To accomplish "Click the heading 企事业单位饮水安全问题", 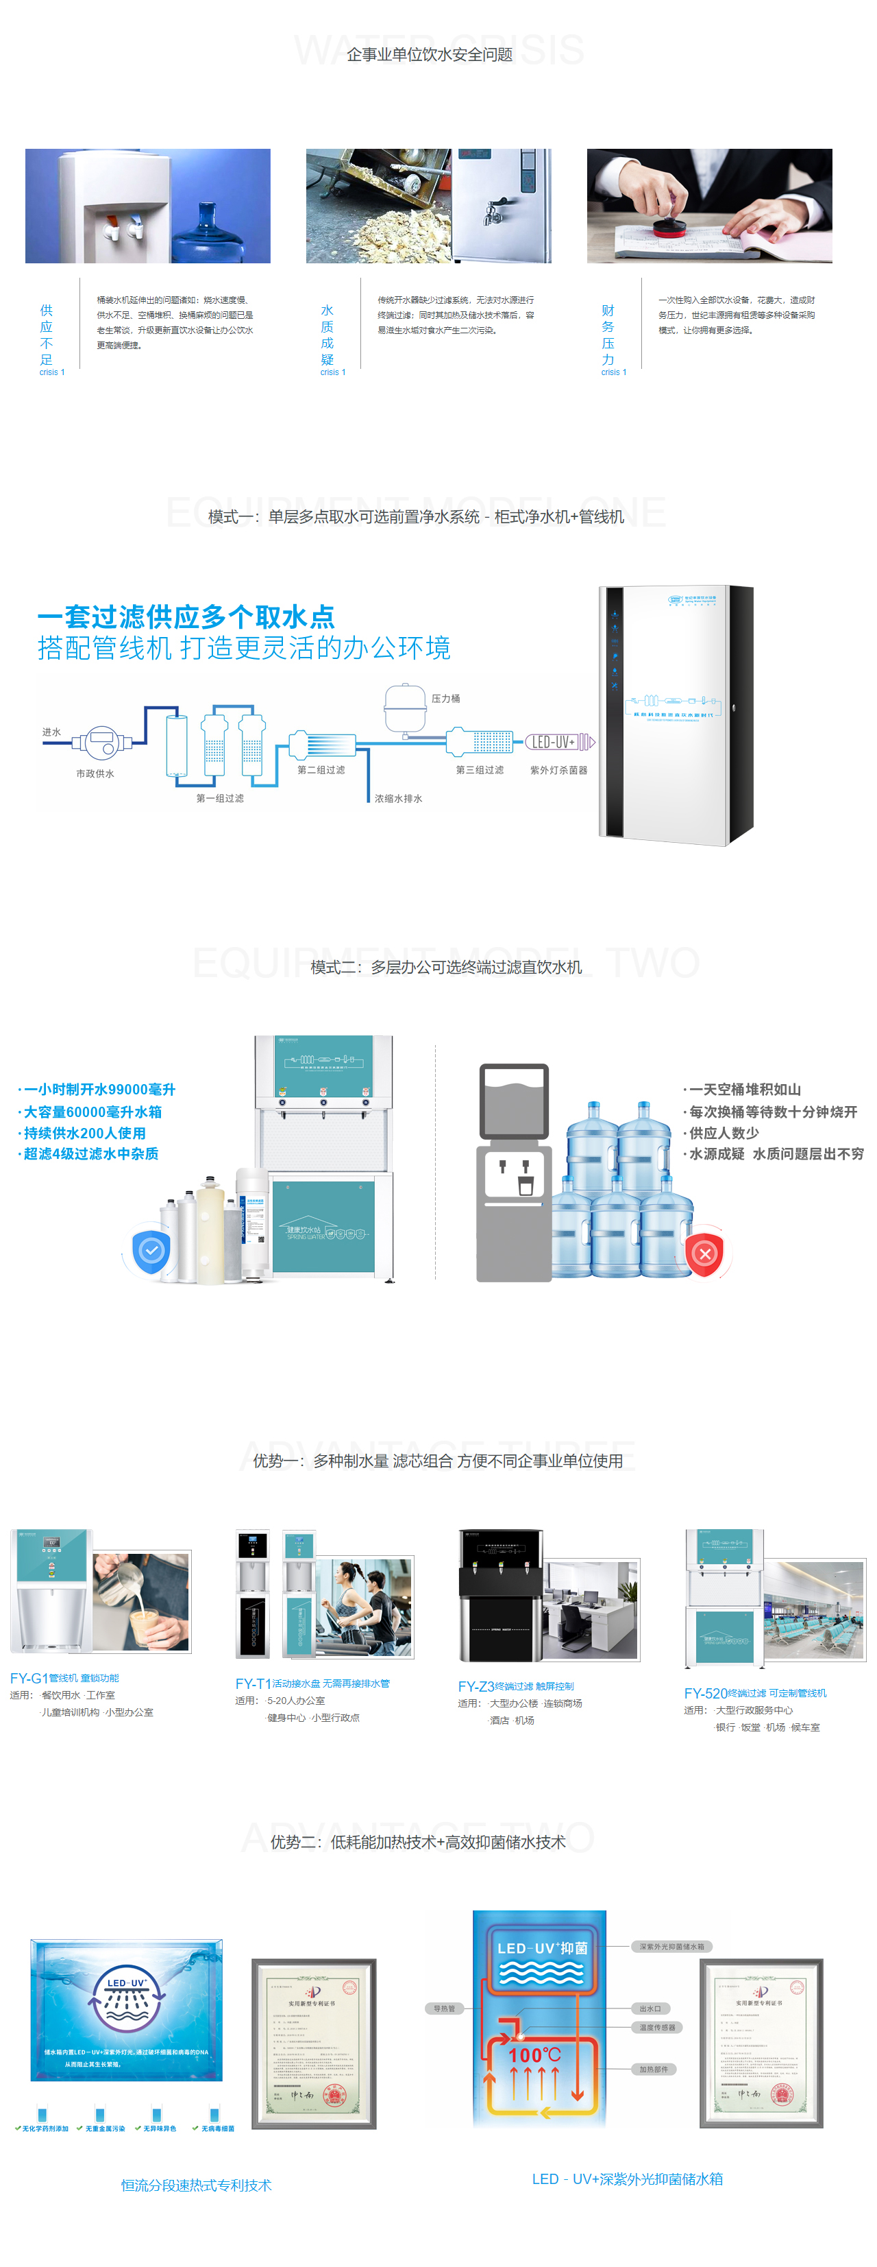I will coord(430,55).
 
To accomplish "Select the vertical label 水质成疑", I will coord(328,335).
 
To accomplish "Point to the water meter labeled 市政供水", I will coord(102,743).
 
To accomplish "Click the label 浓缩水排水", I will coord(399,798).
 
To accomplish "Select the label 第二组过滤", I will coord(321,769).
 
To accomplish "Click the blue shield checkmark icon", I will coord(152,1249).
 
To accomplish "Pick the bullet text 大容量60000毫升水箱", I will coord(92,1112).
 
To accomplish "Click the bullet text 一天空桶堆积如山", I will coord(744,1090).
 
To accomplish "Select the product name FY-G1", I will coord(28,1678).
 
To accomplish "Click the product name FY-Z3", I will coord(476,1686).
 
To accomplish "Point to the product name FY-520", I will coord(706,1693).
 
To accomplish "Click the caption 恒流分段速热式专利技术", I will coord(196,2185).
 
